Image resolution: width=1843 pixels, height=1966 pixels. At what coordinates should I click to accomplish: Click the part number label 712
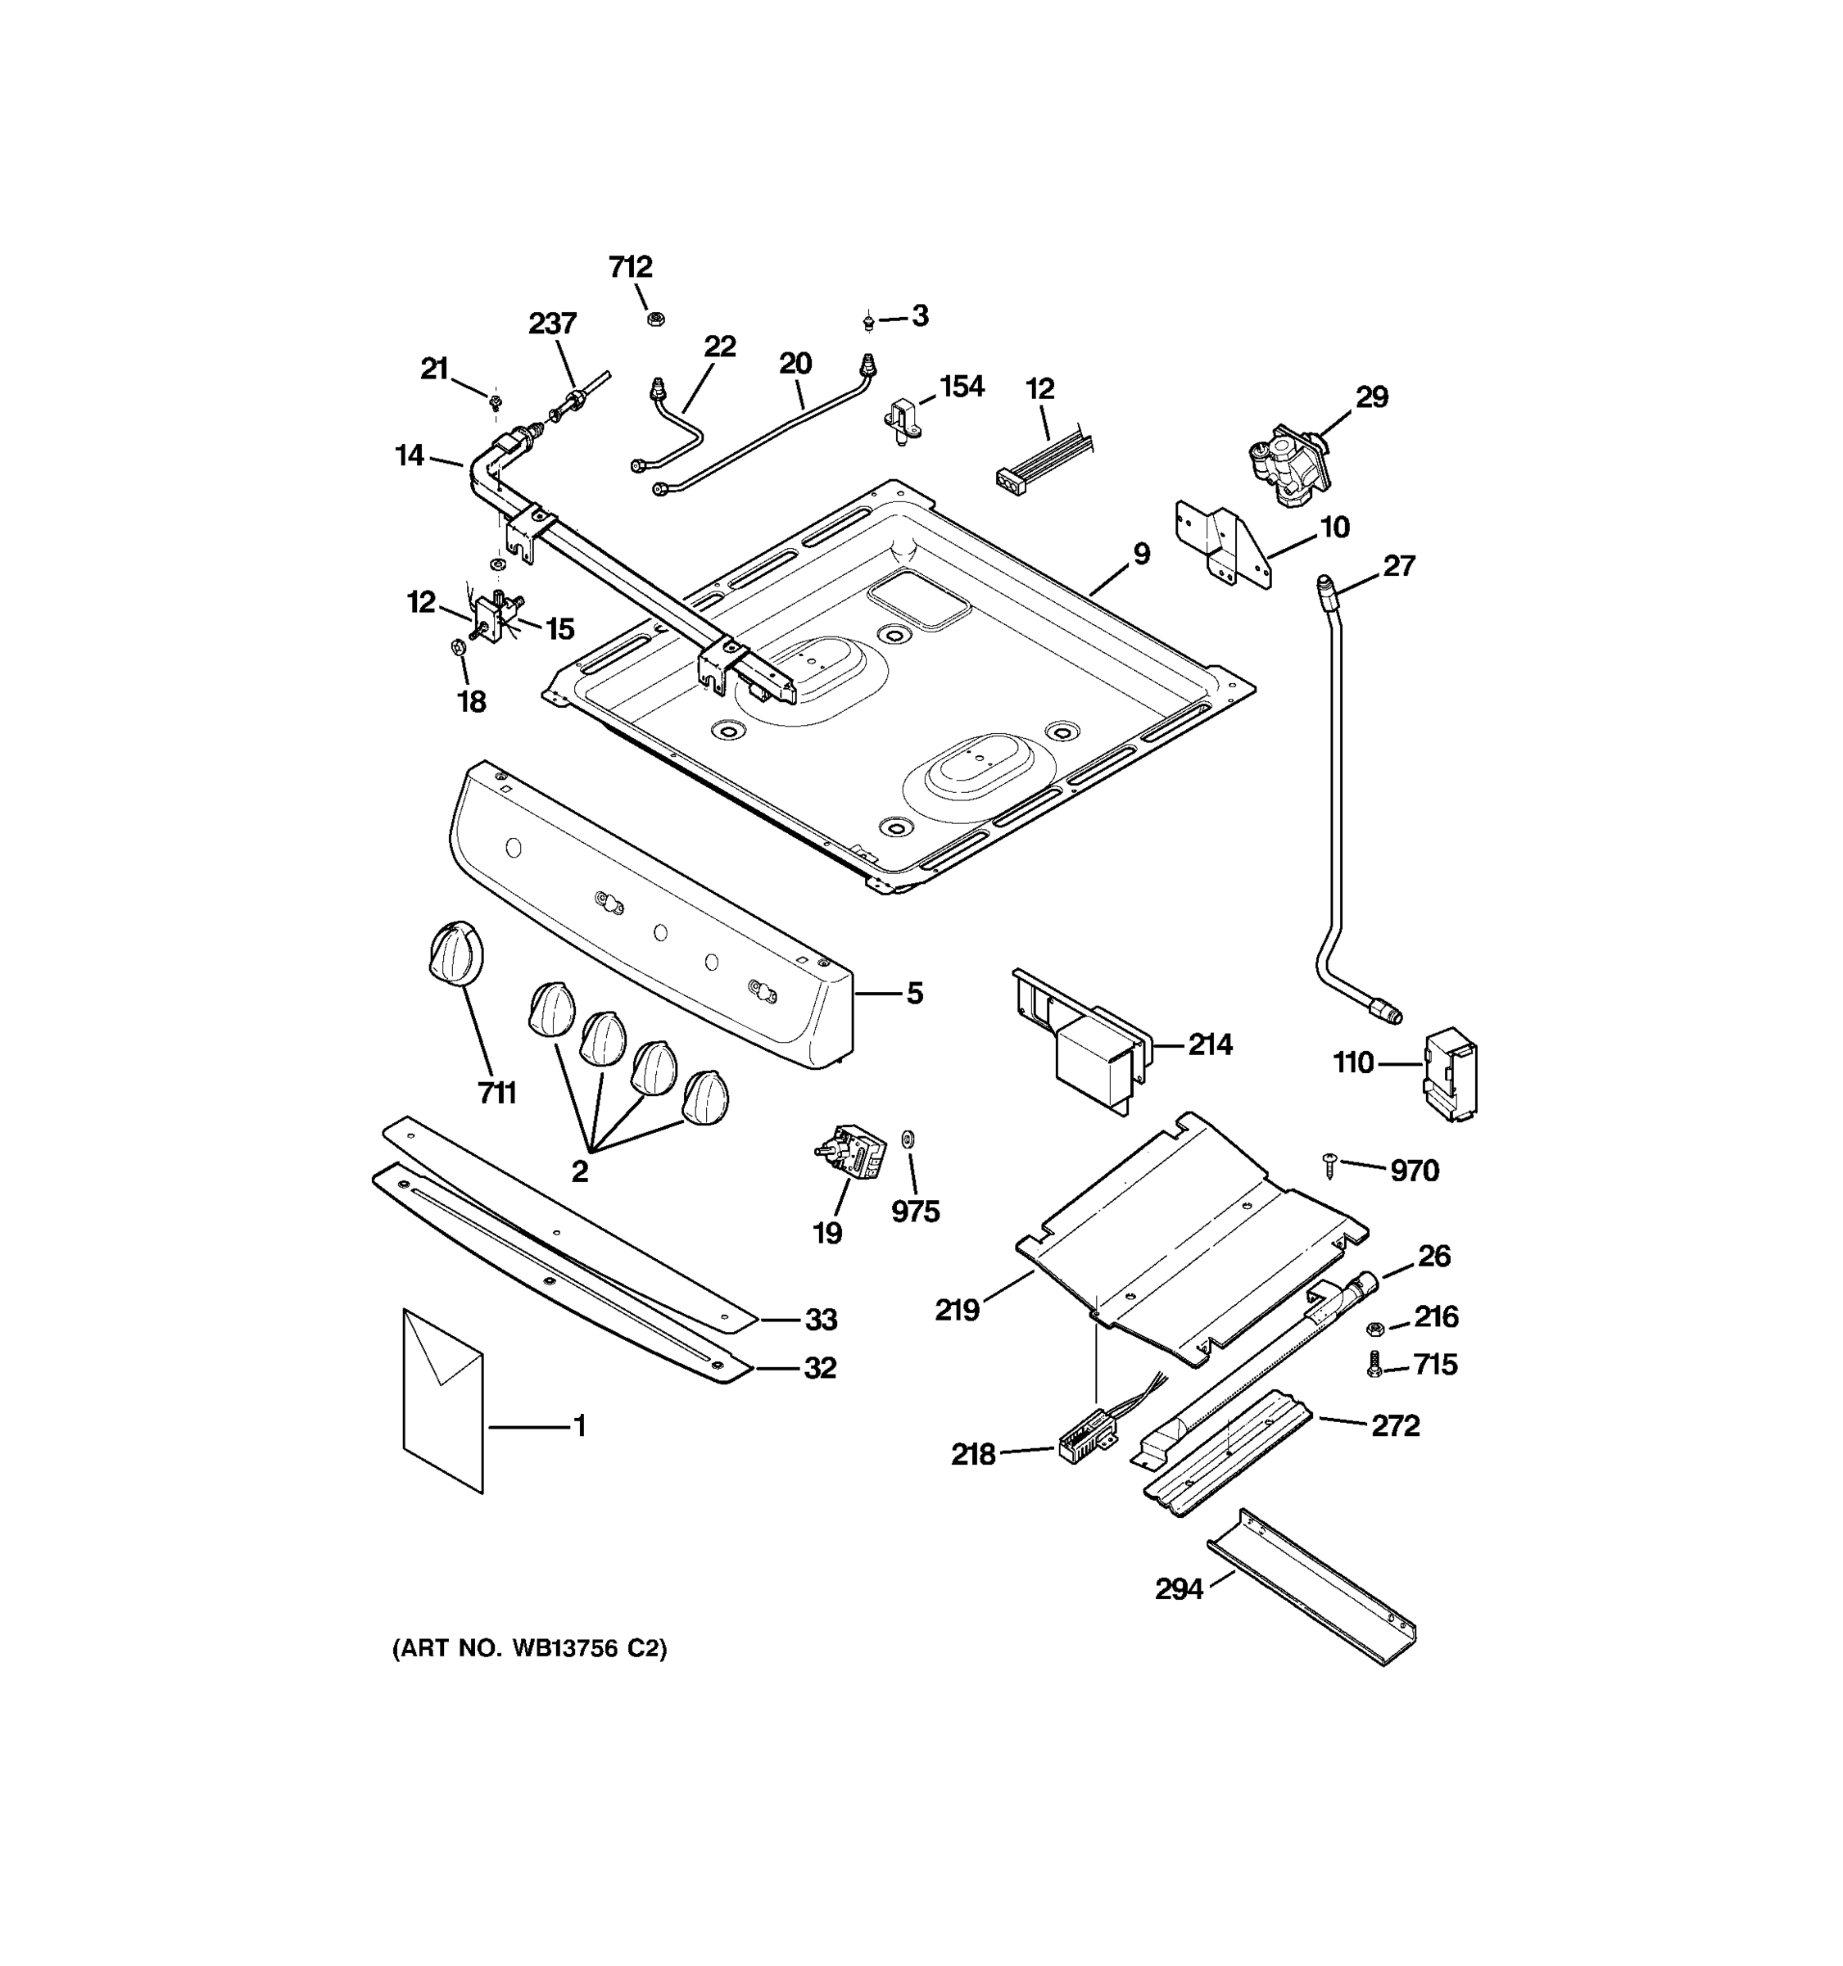(630, 267)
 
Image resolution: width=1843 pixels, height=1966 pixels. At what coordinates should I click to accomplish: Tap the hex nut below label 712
(654, 319)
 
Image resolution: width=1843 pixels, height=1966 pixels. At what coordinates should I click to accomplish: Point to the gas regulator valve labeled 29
(1286, 464)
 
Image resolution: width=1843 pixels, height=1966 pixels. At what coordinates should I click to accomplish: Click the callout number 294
(1179, 1588)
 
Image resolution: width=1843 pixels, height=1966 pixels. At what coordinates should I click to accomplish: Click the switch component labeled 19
(850, 1152)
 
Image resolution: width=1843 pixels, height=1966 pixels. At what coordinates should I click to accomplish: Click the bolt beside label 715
(1374, 1366)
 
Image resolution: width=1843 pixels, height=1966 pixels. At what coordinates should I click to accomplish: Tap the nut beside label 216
(1374, 1328)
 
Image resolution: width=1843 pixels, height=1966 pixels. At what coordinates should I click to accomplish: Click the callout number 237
(552, 324)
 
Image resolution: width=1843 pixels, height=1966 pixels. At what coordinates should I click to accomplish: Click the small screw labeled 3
(867, 320)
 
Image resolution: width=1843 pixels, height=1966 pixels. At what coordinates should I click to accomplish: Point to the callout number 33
(821, 1319)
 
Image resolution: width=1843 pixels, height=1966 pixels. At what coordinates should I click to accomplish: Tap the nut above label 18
(458, 648)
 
